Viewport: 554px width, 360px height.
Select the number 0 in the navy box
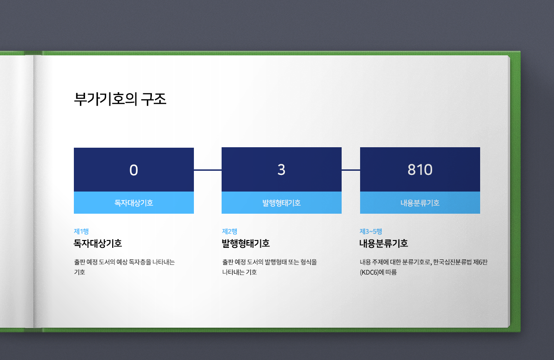pyautogui.click(x=133, y=170)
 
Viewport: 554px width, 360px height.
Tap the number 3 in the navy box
pyautogui.click(x=282, y=170)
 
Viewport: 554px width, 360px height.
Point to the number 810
pyautogui.click(x=420, y=170)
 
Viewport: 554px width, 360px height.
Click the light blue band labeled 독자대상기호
pyautogui.click(x=133, y=203)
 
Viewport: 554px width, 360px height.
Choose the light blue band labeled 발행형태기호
pyautogui.click(x=282, y=203)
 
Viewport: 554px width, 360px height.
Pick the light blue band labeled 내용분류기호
pyautogui.click(x=420, y=203)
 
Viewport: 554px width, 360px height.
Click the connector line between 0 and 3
pyautogui.click(x=208, y=170)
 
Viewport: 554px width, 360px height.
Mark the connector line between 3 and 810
pyautogui.click(x=351, y=170)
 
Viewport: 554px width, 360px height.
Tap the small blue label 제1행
pyautogui.click(x=81, y=231)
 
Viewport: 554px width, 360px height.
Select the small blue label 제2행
pyautogui.click(x=229, y=231)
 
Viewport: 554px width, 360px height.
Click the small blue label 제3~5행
pyautogui.click(x=371, y=231)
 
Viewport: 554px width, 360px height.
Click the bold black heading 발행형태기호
pyautogui.click(x=246, y=243)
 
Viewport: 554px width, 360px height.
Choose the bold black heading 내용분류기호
pyautogui.click(x=384, y=243)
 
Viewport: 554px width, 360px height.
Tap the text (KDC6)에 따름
pyautogui.click(x=379, y=272)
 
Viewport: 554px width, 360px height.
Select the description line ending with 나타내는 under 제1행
pyautogui.click(x=124, y=262)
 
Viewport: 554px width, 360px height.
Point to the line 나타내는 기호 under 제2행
pyautogui.click(x=239, y=272)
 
